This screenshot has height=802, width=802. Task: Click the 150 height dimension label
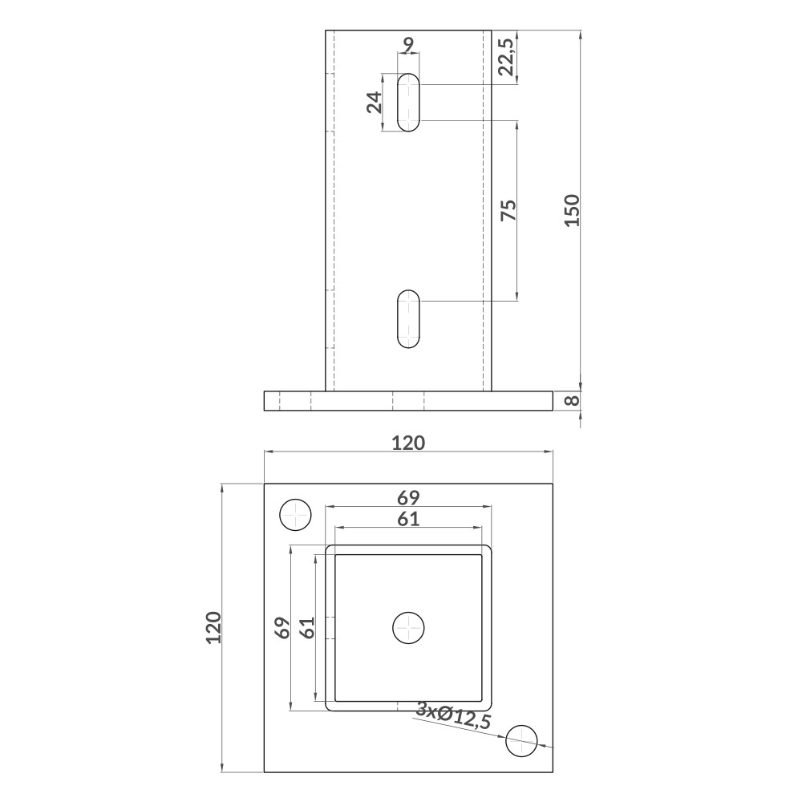click(573, 210)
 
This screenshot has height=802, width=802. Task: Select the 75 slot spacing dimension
click(509, 210)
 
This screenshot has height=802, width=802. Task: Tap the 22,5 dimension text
click(507, 56)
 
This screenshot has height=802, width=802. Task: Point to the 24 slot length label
click(375, 103)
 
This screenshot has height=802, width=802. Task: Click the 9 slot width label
click(408, 45)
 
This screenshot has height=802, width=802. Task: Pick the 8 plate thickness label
click(573, 400)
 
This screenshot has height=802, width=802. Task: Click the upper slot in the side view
click(408, 103)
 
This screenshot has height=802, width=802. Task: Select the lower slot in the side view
click(408, 319)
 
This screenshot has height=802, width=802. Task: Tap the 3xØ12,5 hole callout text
click(454, 715)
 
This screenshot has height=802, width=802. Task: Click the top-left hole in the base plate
click(296, 515)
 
